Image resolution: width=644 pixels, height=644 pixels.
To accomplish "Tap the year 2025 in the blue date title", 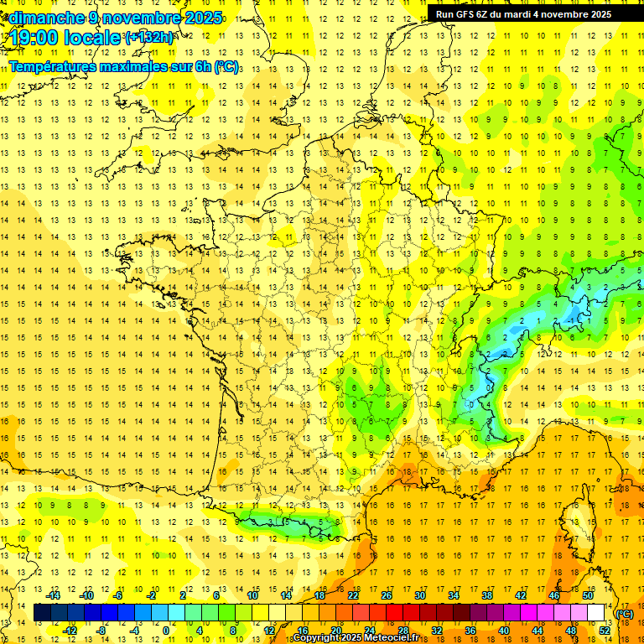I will click(x=202, y=18).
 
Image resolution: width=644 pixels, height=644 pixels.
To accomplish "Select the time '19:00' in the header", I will click(x=33, y=38).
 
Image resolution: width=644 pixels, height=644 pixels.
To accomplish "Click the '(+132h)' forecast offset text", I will click(x=148, y=38).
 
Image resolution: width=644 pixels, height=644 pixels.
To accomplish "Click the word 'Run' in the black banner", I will click(x=445, y=14).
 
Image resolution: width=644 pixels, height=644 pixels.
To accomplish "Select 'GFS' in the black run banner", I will click(x=468, y=14).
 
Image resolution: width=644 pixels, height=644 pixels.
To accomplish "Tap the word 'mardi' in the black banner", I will click(x=526, y=14).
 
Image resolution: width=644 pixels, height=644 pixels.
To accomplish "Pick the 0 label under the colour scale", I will click(x=165, y=631).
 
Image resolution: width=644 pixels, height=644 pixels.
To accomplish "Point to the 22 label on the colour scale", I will click(x=353, y=595).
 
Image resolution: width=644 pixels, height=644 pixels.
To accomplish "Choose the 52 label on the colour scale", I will click(x=605, y=631).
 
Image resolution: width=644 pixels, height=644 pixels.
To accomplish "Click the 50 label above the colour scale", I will click(x=588, y=595).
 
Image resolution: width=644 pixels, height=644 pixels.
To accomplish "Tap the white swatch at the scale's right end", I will click(x=596, y=613).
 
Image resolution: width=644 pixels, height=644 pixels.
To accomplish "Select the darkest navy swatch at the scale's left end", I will click(x=42, y=613).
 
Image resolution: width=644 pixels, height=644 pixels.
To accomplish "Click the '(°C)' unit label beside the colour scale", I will click(x=625, y=614).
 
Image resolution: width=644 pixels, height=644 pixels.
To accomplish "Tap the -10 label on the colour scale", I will click(x=86, y=595).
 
